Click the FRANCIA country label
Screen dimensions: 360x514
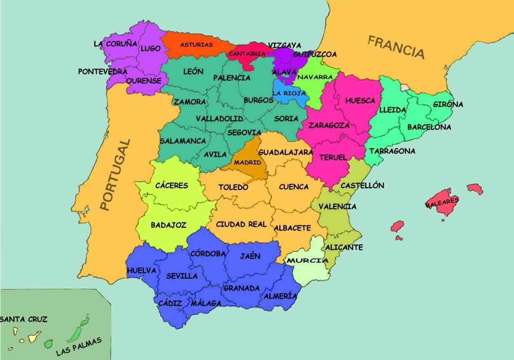(x=396, y=47)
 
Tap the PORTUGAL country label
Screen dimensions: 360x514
(x=114, y=174)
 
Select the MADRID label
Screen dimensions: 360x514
(x=247, y=162)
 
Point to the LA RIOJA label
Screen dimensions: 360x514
(x=289, y=93)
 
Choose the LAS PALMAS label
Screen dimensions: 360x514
(x=79, y=347)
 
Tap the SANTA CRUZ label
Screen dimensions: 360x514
(x=24, y=319)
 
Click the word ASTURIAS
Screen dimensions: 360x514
(x=196, y=44)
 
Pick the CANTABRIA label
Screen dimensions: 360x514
(x=247, y=54)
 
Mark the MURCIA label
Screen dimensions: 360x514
(x=307, y=260)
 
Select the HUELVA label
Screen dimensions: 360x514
(x=141, y=270)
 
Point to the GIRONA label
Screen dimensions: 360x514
(x=448, y=104)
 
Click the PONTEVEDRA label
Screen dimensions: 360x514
(x=103, y=71)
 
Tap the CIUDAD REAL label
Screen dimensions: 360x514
(x=241, y=224)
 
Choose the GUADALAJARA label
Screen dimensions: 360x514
(x=286, y=152)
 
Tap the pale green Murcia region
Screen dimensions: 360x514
(x=309, y=271)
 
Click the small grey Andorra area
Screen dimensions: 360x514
(x=405, y=87)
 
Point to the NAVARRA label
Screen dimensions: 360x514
(x=315, y=77)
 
